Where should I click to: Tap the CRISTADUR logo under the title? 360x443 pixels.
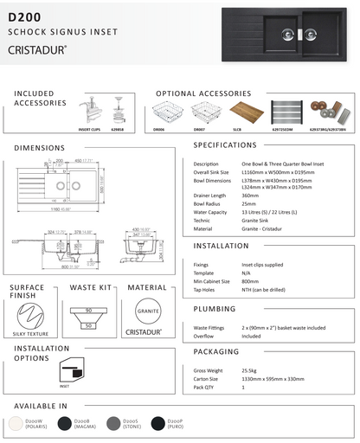pyautogui.click(x=39, y=49)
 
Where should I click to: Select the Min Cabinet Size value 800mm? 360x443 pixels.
pyautogui.click(x=251, y=281)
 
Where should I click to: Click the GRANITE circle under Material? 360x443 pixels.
pyautogui.click(x=146, y=311)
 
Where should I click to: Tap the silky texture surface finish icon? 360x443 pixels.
pyautogui.click(x=32, y=312)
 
